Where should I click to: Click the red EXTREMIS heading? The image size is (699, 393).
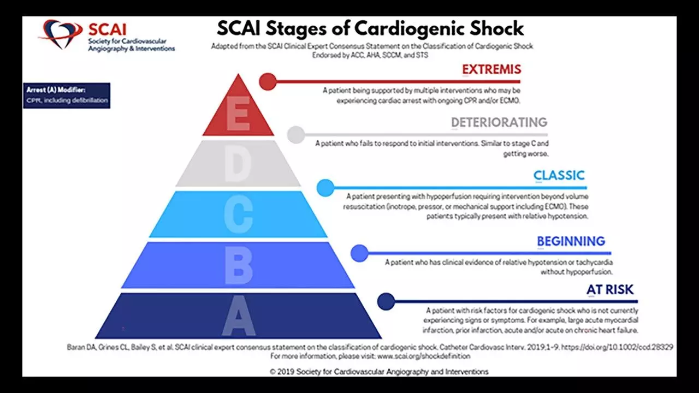(491, 70)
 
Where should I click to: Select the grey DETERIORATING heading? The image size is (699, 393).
(499, 122)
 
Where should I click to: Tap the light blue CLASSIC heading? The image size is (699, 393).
(559, 176)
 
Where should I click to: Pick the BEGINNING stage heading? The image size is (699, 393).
(571, 241)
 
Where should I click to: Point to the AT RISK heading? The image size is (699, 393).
(610, 290)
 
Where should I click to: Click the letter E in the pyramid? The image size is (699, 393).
(238, 115)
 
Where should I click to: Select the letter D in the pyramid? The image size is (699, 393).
(238, 163)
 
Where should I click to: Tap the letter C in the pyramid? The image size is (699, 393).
(239, 215)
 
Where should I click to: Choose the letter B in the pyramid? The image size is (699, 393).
(239, 266)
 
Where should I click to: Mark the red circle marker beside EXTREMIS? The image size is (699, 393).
(268, 81)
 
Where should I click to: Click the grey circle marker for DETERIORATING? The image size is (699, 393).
(296, 134)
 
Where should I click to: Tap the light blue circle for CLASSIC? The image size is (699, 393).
(325, 187)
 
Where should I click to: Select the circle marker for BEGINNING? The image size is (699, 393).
(359, 253)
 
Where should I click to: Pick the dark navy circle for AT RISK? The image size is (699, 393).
(386, 301)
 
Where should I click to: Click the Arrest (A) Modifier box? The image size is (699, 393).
(67, 96)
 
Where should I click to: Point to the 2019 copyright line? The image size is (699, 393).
(379, 371)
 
